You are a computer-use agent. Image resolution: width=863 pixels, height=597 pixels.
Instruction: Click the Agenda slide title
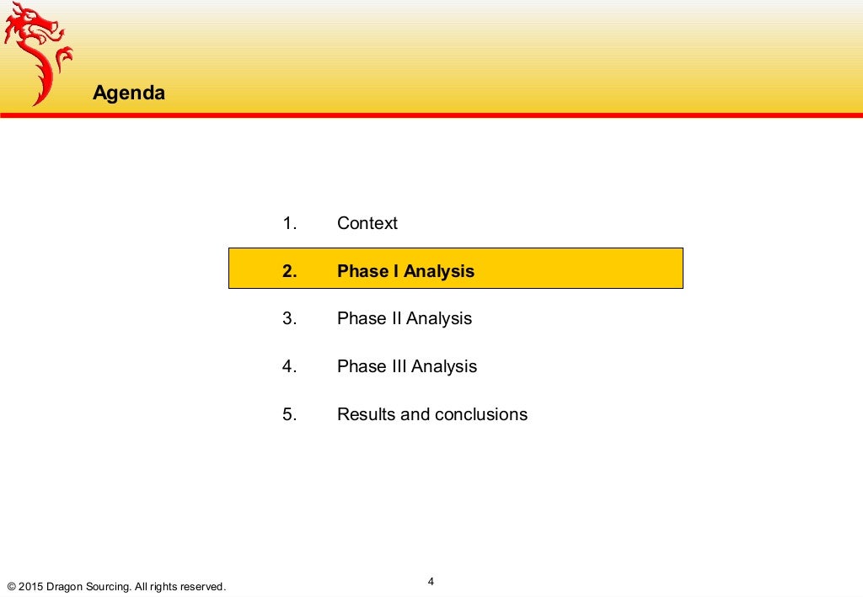point(129,93)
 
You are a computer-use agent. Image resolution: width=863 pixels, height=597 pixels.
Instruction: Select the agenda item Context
point(367,223)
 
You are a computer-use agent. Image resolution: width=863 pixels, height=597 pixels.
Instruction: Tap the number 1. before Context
point(291,223)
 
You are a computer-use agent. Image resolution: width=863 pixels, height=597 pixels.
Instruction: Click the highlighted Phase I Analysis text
point(405,271)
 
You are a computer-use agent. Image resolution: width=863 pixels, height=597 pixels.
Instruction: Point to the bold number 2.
point(291,271)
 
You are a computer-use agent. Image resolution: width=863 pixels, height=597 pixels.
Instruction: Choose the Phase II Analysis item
point(405,318)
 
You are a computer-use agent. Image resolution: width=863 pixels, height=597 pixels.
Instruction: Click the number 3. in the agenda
point(291,318)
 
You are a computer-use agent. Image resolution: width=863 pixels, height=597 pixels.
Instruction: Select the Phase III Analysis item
point(407,366)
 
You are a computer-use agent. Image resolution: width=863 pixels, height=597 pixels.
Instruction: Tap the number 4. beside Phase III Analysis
point(291,366)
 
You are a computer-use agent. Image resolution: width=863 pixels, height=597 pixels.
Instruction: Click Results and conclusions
point(432,414)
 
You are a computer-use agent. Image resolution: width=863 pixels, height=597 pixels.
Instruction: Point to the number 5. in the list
point(291,414)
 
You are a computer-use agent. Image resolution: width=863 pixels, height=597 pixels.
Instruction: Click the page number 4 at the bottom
point(431,582)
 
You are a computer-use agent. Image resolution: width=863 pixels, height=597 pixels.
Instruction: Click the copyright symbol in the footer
point(12,586)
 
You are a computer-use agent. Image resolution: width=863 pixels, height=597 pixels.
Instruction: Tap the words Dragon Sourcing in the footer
point(88,586)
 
